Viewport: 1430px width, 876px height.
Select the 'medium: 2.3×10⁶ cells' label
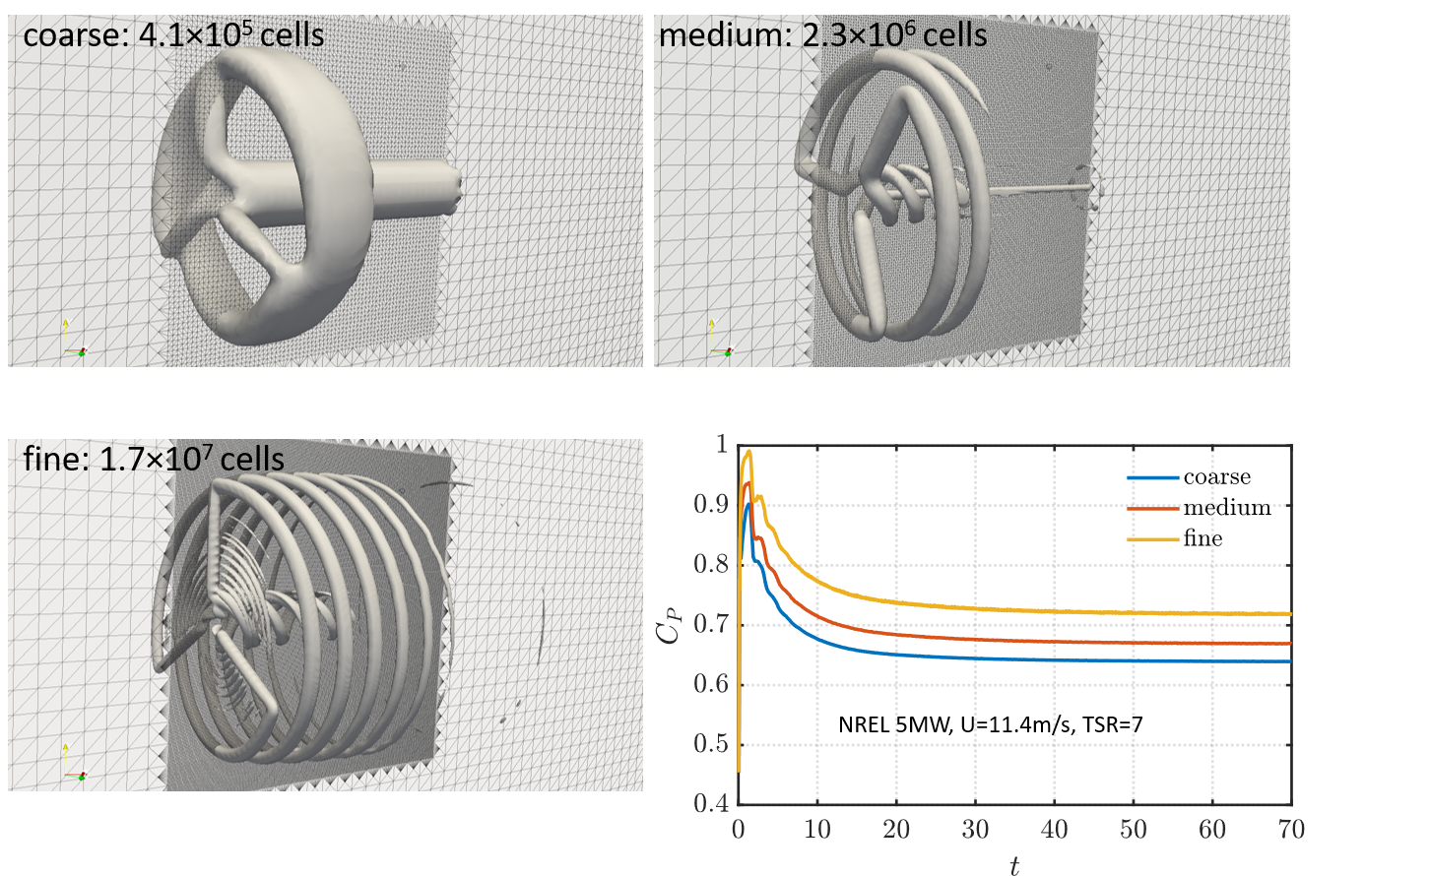822,35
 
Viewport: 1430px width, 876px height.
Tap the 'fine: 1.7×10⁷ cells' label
154,459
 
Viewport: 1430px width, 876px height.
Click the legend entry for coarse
1216,477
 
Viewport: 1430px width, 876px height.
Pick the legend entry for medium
1226,508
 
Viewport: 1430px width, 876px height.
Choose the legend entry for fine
1202,538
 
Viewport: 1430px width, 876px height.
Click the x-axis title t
1013,863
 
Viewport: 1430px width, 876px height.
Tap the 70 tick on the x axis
1291,830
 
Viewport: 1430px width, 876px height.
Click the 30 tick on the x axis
975,830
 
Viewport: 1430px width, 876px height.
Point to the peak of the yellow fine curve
748,452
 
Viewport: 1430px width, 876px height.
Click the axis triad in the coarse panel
71,340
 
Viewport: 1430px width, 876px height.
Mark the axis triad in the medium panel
717,340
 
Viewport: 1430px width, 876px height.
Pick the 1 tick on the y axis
719,445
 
